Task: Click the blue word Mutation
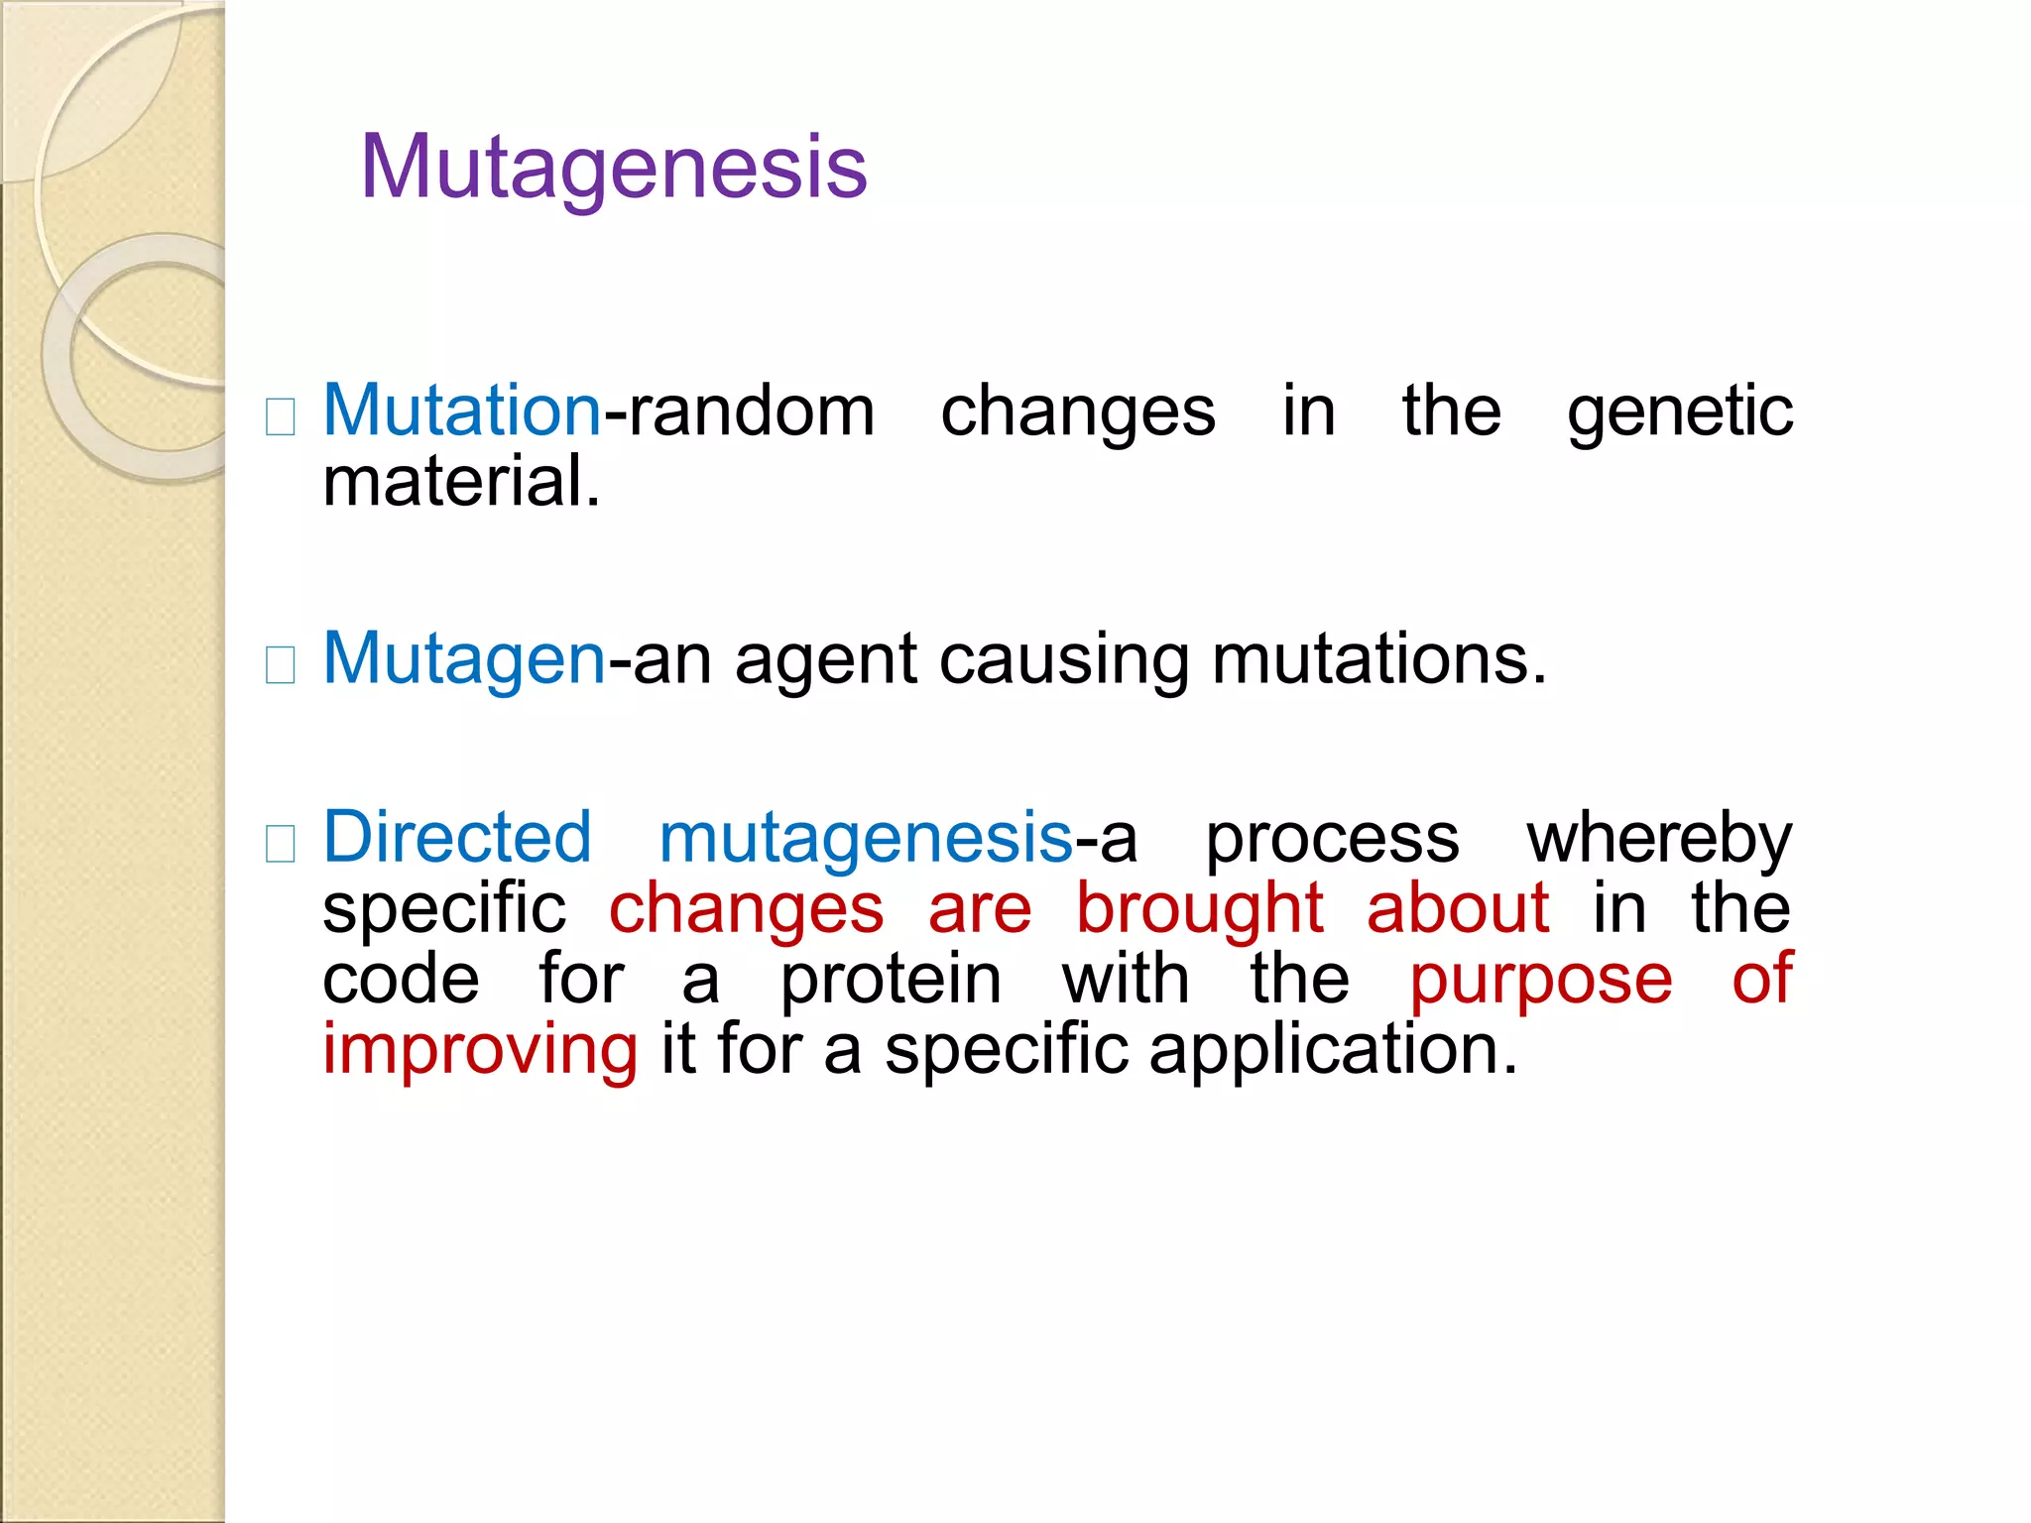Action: [462, 411]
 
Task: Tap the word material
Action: [460, 483]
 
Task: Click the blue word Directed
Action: [457, 838]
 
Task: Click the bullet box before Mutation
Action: [281, 417]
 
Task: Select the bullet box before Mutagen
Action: [281, 665]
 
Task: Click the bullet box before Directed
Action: [281, 844]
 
